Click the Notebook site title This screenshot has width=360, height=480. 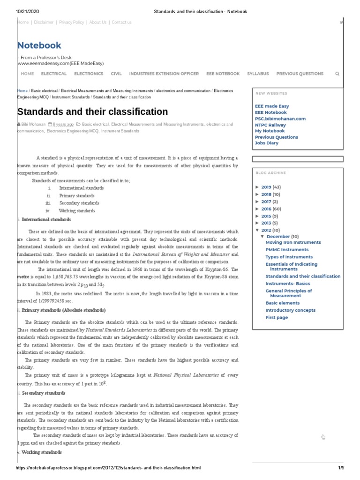pos(39,45)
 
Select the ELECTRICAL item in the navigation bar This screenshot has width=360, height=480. pos(54,74)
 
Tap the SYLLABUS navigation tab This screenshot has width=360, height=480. pos(258,74)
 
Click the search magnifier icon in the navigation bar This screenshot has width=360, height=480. pos(337,74)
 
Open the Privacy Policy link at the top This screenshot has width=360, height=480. pos(71,22)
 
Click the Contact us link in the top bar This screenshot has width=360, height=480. pos(121,22)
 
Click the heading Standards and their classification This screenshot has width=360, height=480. pos(92,112)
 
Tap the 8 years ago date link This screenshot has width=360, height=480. pos(63,125)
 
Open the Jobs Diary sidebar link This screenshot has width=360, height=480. pos(266,143)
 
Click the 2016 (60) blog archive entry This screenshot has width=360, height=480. pos(271,209)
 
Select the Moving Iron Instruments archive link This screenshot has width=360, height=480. pos(293,242)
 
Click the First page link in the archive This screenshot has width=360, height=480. pos(277,317)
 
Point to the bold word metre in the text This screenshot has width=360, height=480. pos(23,277)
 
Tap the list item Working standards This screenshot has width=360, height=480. pos(77,211)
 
